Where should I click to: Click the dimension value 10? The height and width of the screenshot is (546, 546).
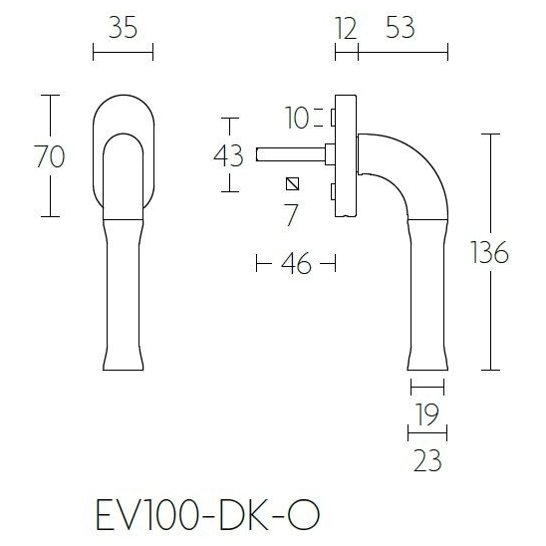[x=295, y=120]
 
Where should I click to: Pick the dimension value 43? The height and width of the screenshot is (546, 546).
[x=228, y=154]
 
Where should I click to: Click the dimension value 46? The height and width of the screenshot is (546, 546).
[x=296, y=264]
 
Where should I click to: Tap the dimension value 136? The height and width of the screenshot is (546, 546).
[x=489, y=253]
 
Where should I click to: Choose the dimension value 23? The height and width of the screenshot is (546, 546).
[x=427, y=461]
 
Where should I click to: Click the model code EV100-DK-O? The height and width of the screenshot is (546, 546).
[x=209, y=516]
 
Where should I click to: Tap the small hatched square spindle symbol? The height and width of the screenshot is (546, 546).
[x=291, y=182]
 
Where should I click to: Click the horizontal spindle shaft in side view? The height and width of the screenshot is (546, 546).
[x=289, y=153]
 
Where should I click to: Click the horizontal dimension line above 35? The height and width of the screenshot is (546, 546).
[x=123, y=50]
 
